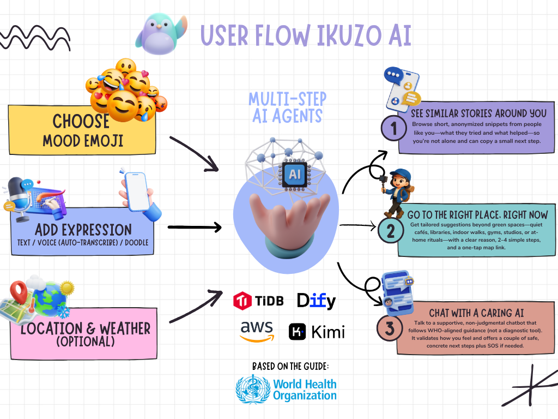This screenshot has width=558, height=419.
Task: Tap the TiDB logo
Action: point(258,300)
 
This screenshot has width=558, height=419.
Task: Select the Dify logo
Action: point(316,301)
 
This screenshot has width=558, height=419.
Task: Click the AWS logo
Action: point(257,331)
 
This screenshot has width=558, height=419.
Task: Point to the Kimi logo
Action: point(316,331)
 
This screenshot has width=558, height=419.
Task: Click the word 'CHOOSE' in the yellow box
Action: point(81,121)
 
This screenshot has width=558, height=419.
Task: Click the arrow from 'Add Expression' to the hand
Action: point(194,228)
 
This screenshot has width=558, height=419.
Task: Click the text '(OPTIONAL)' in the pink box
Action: point(85,342)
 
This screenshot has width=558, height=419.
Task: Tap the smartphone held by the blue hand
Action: point(136,191)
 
